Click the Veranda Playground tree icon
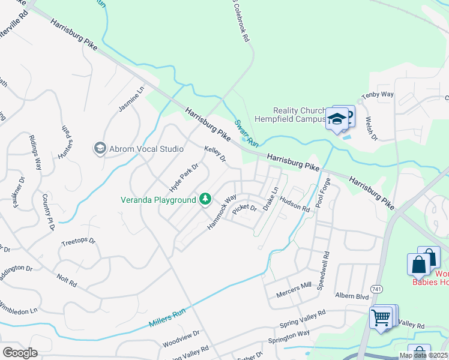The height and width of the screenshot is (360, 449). click(x=205, y=199)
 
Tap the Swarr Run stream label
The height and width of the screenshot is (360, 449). click(x=246, y=133)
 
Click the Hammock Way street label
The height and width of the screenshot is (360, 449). click(x=222, y=212)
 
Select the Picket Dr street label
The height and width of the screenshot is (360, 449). click(x=244, y=209)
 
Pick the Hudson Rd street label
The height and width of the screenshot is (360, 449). click(x=295, y=206)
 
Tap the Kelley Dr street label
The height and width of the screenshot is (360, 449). click(x=214, y=154)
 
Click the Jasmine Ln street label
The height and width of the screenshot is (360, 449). click(x=131, y=100)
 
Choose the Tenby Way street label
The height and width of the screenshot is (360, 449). click(x=377, y=95)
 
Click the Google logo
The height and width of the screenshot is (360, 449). click(x=20, y=352)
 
